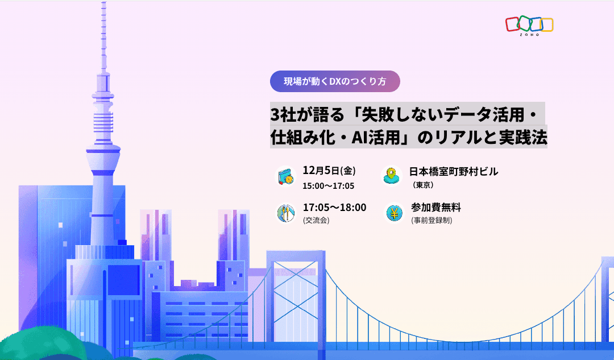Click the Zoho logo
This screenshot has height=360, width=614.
(x=529, y=26)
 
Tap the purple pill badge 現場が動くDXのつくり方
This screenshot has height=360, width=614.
(x=335, y=81)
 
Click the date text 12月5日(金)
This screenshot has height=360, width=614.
(x=329, y=171)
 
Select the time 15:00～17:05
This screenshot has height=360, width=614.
(x=328, y=186)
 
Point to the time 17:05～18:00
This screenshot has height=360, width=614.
(x=334, y=207)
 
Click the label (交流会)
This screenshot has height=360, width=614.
(x=316, y=220)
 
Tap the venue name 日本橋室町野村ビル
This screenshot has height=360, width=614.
(x=454, y=171)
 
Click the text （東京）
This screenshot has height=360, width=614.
(x=423, y=185)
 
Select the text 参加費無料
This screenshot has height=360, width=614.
(x=436, y=207)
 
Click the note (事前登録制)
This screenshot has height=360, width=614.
(x=432, y=220)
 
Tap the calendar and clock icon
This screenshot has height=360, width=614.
(x=286, y=176)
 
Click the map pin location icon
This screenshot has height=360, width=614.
(x=391, y=176)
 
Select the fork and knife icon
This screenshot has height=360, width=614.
(x=286, y=213)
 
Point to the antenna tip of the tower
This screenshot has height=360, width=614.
(x=104, y=2)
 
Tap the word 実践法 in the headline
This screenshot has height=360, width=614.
(x=522, y=137)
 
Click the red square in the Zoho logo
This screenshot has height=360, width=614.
(x=512, y=24)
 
